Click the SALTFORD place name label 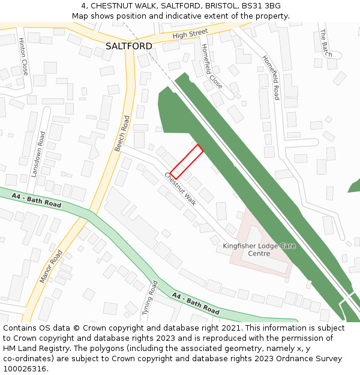pos(128,46)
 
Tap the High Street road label pos(190,34)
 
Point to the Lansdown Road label pos(38,154)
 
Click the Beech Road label pos(122,133)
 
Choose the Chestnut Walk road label pos(181,188)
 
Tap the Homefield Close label pos(212,66)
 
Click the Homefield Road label pos(271,77)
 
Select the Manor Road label pos(51,266)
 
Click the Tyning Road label pos(149,298)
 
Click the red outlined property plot pos(186,161)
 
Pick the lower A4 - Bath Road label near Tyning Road pos(196,304)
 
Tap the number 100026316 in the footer pos(25,369)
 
